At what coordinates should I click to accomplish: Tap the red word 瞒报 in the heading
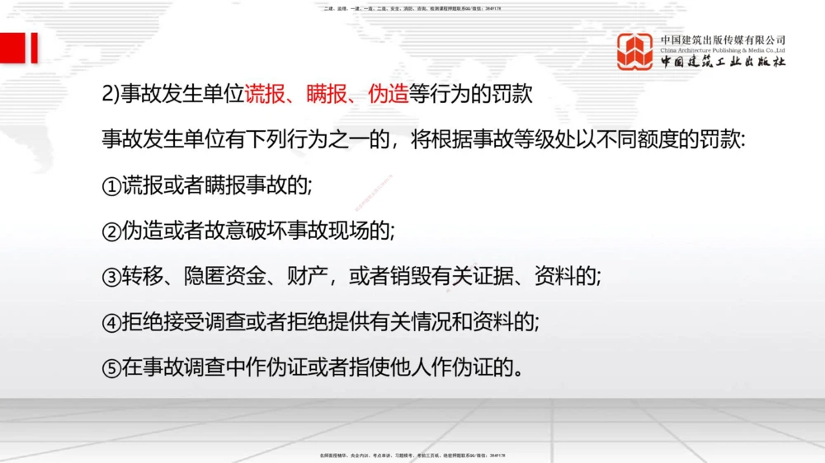point(326,94)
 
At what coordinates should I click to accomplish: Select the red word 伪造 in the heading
point(388,94)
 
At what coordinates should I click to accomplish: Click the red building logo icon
point(635,51)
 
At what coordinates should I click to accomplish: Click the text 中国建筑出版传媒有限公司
point(723,40)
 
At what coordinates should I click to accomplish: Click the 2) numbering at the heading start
point(111,94)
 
